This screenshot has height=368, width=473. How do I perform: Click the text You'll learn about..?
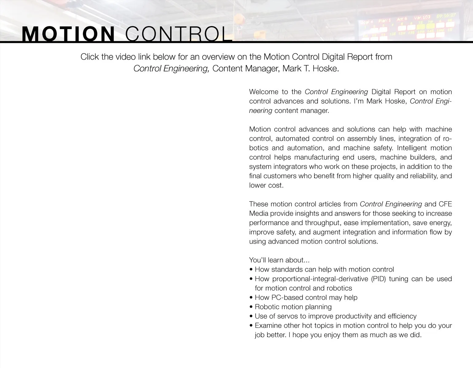click(x=279, y=260)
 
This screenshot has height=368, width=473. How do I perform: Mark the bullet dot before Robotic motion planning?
click(x=251, y=307)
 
